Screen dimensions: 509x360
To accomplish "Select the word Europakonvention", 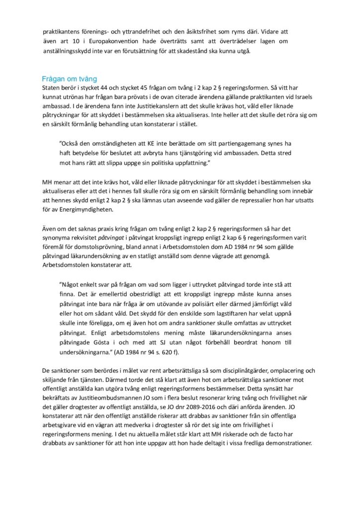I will coord(101,41).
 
